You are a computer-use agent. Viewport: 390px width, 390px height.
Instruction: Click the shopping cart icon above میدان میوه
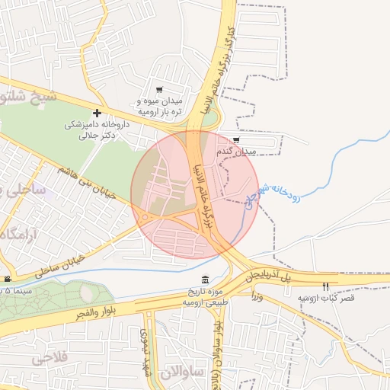[x=159, y=91]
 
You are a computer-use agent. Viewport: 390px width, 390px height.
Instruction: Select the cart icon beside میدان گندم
[x=236, y=140]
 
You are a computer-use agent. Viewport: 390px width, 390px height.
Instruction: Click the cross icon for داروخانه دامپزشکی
[x=97, y=113]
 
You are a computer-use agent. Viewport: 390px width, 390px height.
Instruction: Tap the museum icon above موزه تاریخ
[x=204, y=280]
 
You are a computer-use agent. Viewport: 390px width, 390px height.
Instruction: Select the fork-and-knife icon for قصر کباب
[x=326, y=286]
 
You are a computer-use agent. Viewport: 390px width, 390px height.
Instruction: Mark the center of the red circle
[x=195, y=195]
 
